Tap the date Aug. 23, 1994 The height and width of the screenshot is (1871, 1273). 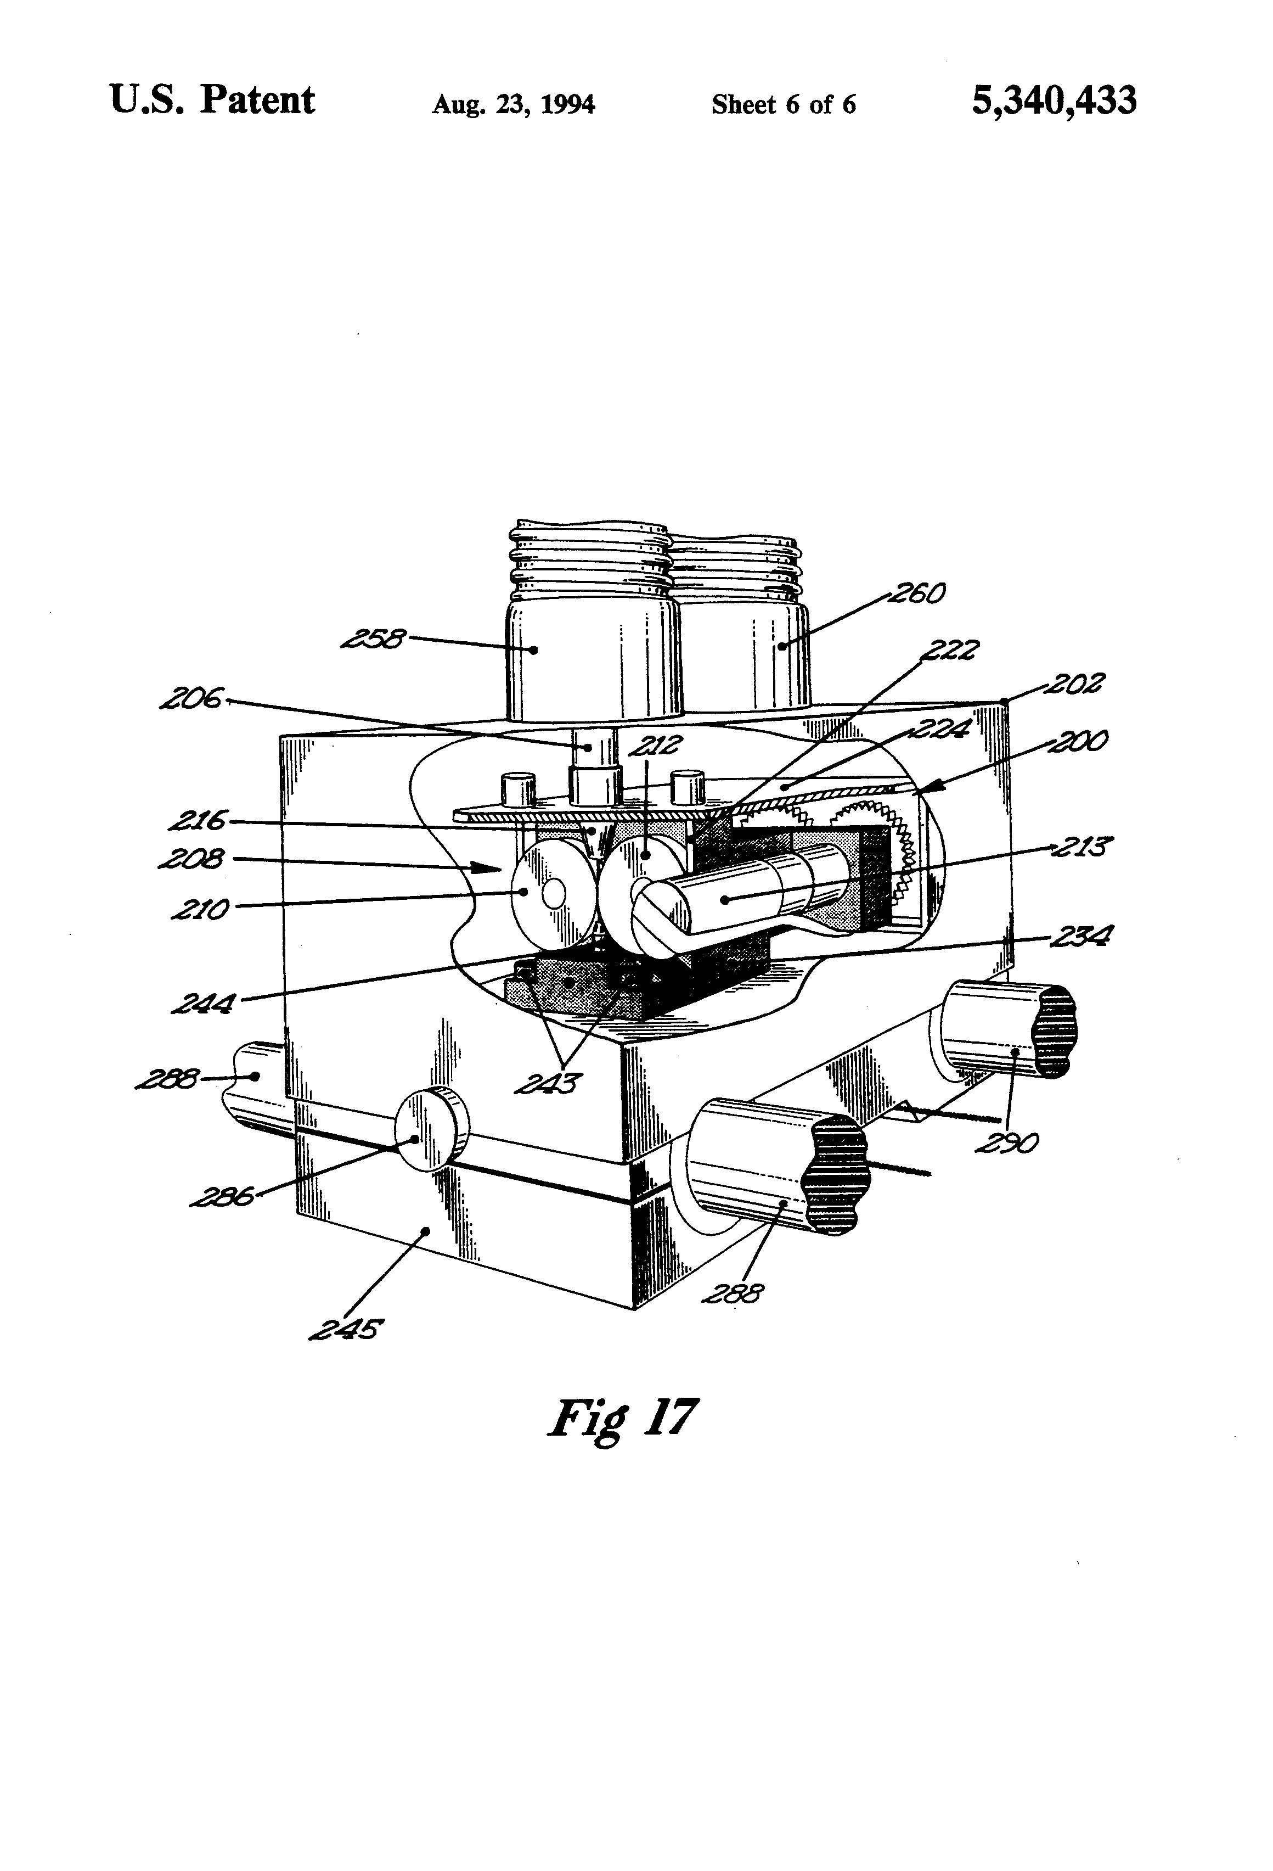[x=514, y=105]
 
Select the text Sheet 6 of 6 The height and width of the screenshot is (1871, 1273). [x=783, y=105]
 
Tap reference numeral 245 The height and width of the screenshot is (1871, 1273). [x=345, y=1329]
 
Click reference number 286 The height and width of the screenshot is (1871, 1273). [x=222, y=1197]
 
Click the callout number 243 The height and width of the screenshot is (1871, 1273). [x=548, y=1084]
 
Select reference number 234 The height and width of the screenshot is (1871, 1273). [x=1082, y=935]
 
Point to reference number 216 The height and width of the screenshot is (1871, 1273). [x=198, y=821]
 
